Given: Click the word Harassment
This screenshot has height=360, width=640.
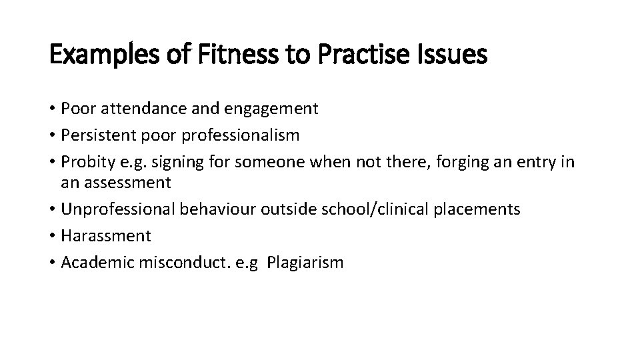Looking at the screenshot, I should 106,235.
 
